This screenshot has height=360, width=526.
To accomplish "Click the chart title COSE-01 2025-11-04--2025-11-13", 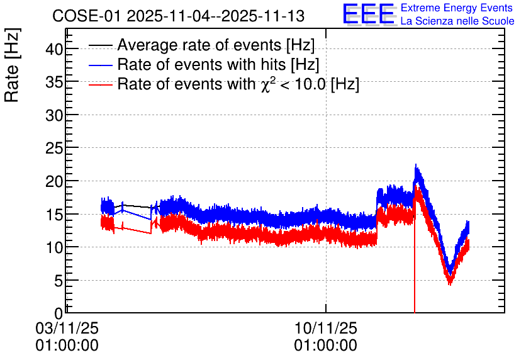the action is click(179, 16).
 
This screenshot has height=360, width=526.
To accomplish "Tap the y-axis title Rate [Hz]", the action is click(12, 65).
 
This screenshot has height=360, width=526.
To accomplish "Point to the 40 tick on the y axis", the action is click(54, 49).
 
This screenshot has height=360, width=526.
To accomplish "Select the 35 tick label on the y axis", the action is click(54, 82).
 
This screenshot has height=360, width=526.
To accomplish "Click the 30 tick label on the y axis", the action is click(54, 115).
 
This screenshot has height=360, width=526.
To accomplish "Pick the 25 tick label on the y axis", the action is click(54, 149).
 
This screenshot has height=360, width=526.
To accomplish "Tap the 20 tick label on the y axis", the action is click(54, 181).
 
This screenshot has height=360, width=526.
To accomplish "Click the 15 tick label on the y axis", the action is click(54, 215).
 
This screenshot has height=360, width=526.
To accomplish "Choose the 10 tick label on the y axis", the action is click(54, 247).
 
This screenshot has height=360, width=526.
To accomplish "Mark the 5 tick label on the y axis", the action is click(59, 281).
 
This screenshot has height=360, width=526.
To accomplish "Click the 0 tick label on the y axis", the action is click(59, 313).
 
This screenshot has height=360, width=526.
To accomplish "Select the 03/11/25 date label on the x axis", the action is click(67, 328).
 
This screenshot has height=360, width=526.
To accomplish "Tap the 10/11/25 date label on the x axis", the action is click(326, 328).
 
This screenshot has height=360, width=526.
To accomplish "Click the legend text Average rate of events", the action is click(200, 45).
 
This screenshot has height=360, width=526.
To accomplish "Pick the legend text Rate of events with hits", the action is click(202, 64).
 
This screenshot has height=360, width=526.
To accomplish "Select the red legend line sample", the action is click(100, 84).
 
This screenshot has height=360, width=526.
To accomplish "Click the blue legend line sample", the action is click(100, 65).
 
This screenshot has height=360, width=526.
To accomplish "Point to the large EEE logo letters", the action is click(369, 14).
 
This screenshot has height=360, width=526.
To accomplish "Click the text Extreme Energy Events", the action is click(457, 8).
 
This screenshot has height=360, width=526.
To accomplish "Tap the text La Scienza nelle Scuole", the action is click(457, 21).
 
